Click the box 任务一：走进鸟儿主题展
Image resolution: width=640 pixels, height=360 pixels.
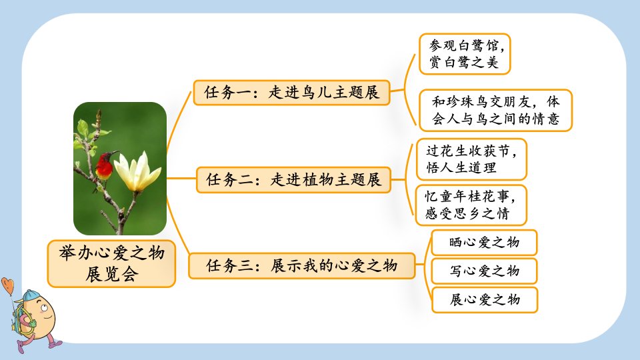pyautogui.click(x=291, y=93)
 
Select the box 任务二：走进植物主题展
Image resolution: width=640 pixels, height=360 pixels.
pyautogui.click(x=293, y=179)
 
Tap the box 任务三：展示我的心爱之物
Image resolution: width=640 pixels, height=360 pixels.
pyautogui.click(x=301, y=266)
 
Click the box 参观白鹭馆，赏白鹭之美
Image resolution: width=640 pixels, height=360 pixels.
pyautogui.click(x=465, y=54)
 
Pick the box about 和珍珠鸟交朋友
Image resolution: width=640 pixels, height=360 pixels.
pyautogui.click(x=495, y=110)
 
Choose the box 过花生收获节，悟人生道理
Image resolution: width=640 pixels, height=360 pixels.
pyautogui.click(x=471, y=159)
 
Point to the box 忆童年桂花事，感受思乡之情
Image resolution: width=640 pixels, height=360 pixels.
pyautogui.click(x=471, y=205)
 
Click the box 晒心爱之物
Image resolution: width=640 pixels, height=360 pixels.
pyautogui.click(x=484, y=243)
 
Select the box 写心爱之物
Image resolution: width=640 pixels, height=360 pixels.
pyautogui.click(x=484, y=271)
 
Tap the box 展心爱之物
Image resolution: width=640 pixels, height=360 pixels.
pyautogui.click(x=485, y=300)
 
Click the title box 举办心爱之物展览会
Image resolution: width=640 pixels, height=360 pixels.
pyautogui.click(x=111, y=264)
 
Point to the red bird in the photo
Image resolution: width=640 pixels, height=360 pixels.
pyautogui.click(x=105, y=165)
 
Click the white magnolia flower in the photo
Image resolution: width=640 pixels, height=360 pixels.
pyautogui.click(x=138, y=172)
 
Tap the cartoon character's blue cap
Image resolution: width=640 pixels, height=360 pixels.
pyautogui.click(x=30, y=295)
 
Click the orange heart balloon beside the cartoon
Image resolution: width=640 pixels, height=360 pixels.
pyautogui.click(x=7, y=285)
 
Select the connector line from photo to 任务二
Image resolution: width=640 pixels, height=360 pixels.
pyautogui.click(x=181, y=179)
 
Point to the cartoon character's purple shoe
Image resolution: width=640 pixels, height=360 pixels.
pyautogui.click(x=21, y=347)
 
